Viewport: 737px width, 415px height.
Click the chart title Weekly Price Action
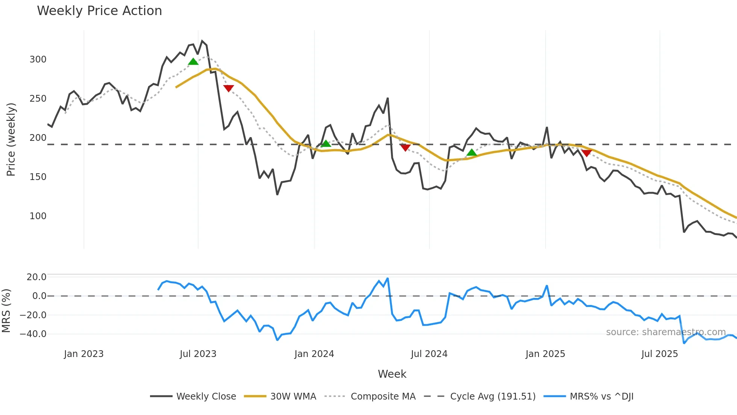(99, 11)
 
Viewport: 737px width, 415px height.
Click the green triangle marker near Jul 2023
(193, 62)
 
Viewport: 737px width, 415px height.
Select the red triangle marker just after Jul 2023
(229, 88)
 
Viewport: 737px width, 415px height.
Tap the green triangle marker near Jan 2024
(326, 143)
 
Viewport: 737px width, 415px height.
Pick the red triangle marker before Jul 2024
(405, 148)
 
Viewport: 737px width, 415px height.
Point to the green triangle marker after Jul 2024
(472, 153)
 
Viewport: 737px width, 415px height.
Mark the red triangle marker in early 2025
(587, 153)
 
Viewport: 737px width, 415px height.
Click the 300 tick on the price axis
(38, 60)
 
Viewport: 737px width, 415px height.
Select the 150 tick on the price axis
(38, 177)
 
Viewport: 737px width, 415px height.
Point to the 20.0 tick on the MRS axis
(36, 277)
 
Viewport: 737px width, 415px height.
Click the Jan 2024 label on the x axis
(314, 354)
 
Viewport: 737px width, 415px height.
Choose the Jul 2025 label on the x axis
(660, 354)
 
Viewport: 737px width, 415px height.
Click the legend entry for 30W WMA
(293, 397)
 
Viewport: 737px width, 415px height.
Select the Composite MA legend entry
(383, 397)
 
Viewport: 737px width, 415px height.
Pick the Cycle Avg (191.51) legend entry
(493, 397)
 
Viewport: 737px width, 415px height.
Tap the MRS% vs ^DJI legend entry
(601, 397)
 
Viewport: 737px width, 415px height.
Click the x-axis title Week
(392, 374)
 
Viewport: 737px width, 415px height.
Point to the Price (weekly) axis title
(11, 139)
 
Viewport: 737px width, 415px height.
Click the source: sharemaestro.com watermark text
(666, 332)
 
